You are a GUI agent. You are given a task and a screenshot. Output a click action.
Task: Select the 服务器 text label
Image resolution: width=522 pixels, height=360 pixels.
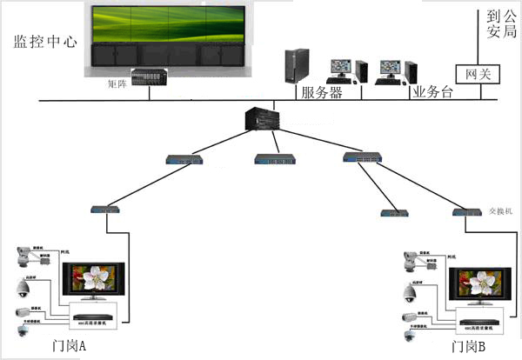321,91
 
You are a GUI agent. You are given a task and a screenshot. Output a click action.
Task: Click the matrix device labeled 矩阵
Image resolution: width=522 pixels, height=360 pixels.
148,77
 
